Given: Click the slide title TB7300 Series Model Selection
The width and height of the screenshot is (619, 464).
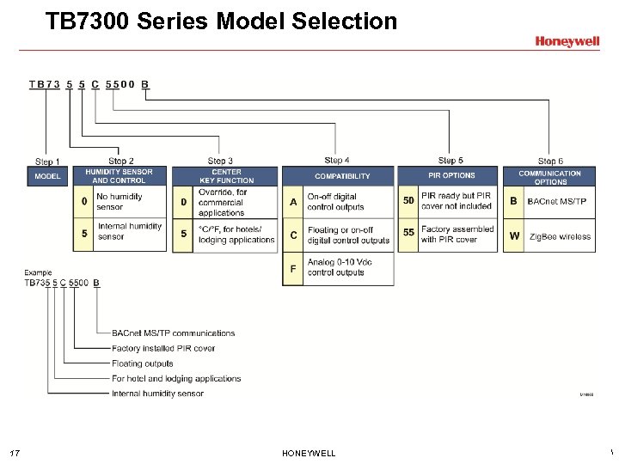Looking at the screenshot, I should coord(221,21).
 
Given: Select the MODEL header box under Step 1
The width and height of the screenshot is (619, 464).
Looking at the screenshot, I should coord(47,176).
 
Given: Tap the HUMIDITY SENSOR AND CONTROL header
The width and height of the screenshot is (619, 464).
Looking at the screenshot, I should coord(119,176).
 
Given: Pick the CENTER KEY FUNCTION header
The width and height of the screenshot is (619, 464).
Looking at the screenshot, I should coord(226,176).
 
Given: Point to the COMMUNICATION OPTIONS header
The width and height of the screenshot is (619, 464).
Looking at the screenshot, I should coord(550,177).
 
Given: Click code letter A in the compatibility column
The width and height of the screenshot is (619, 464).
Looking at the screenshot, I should coord(293,202).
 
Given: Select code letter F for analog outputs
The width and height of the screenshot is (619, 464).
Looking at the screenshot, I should coord(293,268).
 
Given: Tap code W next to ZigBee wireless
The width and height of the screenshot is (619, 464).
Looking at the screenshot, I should coord(514,235).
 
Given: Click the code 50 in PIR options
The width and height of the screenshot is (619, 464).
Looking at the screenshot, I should coord(408,201).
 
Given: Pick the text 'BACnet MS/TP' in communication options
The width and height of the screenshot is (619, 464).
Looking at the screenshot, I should coord(557,202).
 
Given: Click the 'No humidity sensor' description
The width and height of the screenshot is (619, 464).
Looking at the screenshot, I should coord(120,202).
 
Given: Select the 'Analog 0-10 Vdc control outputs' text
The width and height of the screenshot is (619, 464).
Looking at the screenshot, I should coord(340,268).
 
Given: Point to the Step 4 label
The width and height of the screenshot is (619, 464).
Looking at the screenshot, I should coord(337,160).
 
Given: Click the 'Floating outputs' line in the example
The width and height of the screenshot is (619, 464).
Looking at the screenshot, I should coord(143,363).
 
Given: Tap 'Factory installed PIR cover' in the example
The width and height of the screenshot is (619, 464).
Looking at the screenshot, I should coord(163,348).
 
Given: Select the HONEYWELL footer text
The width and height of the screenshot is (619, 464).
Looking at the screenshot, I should coord(309,454).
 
